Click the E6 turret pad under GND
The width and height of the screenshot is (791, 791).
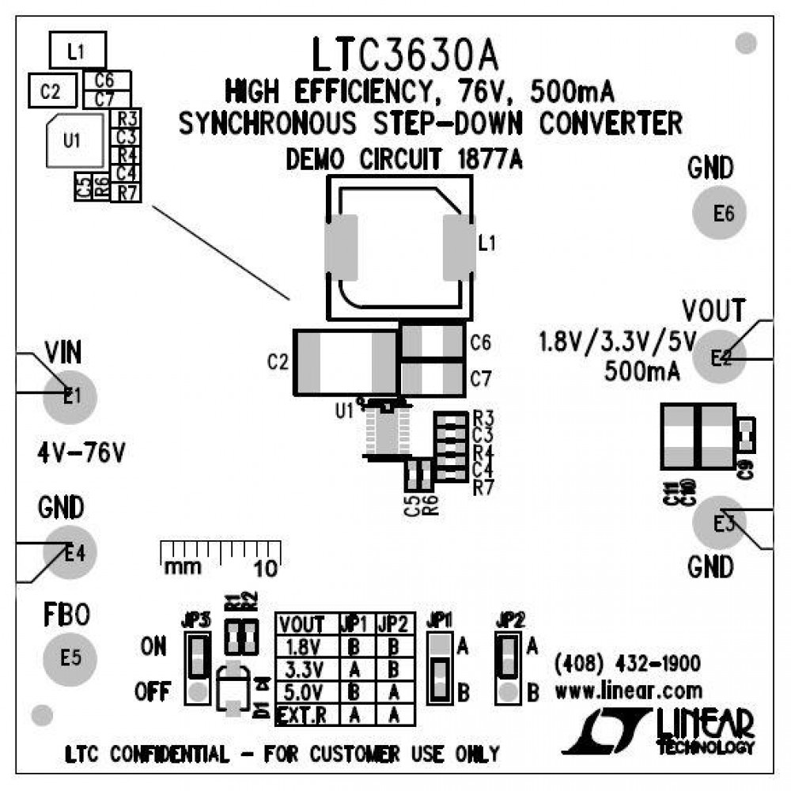tap(723, 214)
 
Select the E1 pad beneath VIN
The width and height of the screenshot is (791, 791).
tap(70, 395)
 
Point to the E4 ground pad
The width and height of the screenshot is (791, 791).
tap(70, 554)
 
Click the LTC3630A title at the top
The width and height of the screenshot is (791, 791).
tap(404, 55)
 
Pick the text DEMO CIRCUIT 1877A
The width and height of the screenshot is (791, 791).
tap(403, 160)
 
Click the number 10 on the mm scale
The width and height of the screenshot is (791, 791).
tap(267, 567)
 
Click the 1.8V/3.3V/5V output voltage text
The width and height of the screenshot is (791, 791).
tap(616, 343)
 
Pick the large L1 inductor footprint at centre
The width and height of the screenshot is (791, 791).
tap(399, 248)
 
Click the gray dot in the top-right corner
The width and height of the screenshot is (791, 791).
tap(745, 44)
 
